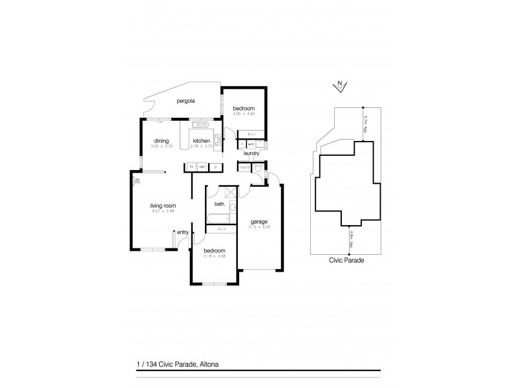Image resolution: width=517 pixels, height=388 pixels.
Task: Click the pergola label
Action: coord(185,102)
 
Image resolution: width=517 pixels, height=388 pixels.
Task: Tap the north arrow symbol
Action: coord(340,84)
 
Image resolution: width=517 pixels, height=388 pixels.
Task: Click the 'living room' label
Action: coord(164,206)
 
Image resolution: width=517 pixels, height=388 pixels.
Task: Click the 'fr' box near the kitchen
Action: coord(191,167)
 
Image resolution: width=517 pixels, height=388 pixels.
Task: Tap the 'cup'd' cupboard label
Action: coord(244,167)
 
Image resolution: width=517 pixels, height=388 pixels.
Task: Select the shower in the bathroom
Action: coord(229,191)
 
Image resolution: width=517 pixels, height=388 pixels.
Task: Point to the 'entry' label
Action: coord(183,232)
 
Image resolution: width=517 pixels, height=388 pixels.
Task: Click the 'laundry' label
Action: coord(251,153)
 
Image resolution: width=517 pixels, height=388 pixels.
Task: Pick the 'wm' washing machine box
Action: coord(251,144)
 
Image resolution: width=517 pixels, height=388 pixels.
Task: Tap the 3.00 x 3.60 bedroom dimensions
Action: coord(244,113)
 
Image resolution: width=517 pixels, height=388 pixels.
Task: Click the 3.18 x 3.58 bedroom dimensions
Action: coord(214,255)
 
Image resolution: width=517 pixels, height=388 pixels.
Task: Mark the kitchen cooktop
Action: coord(218,138)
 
